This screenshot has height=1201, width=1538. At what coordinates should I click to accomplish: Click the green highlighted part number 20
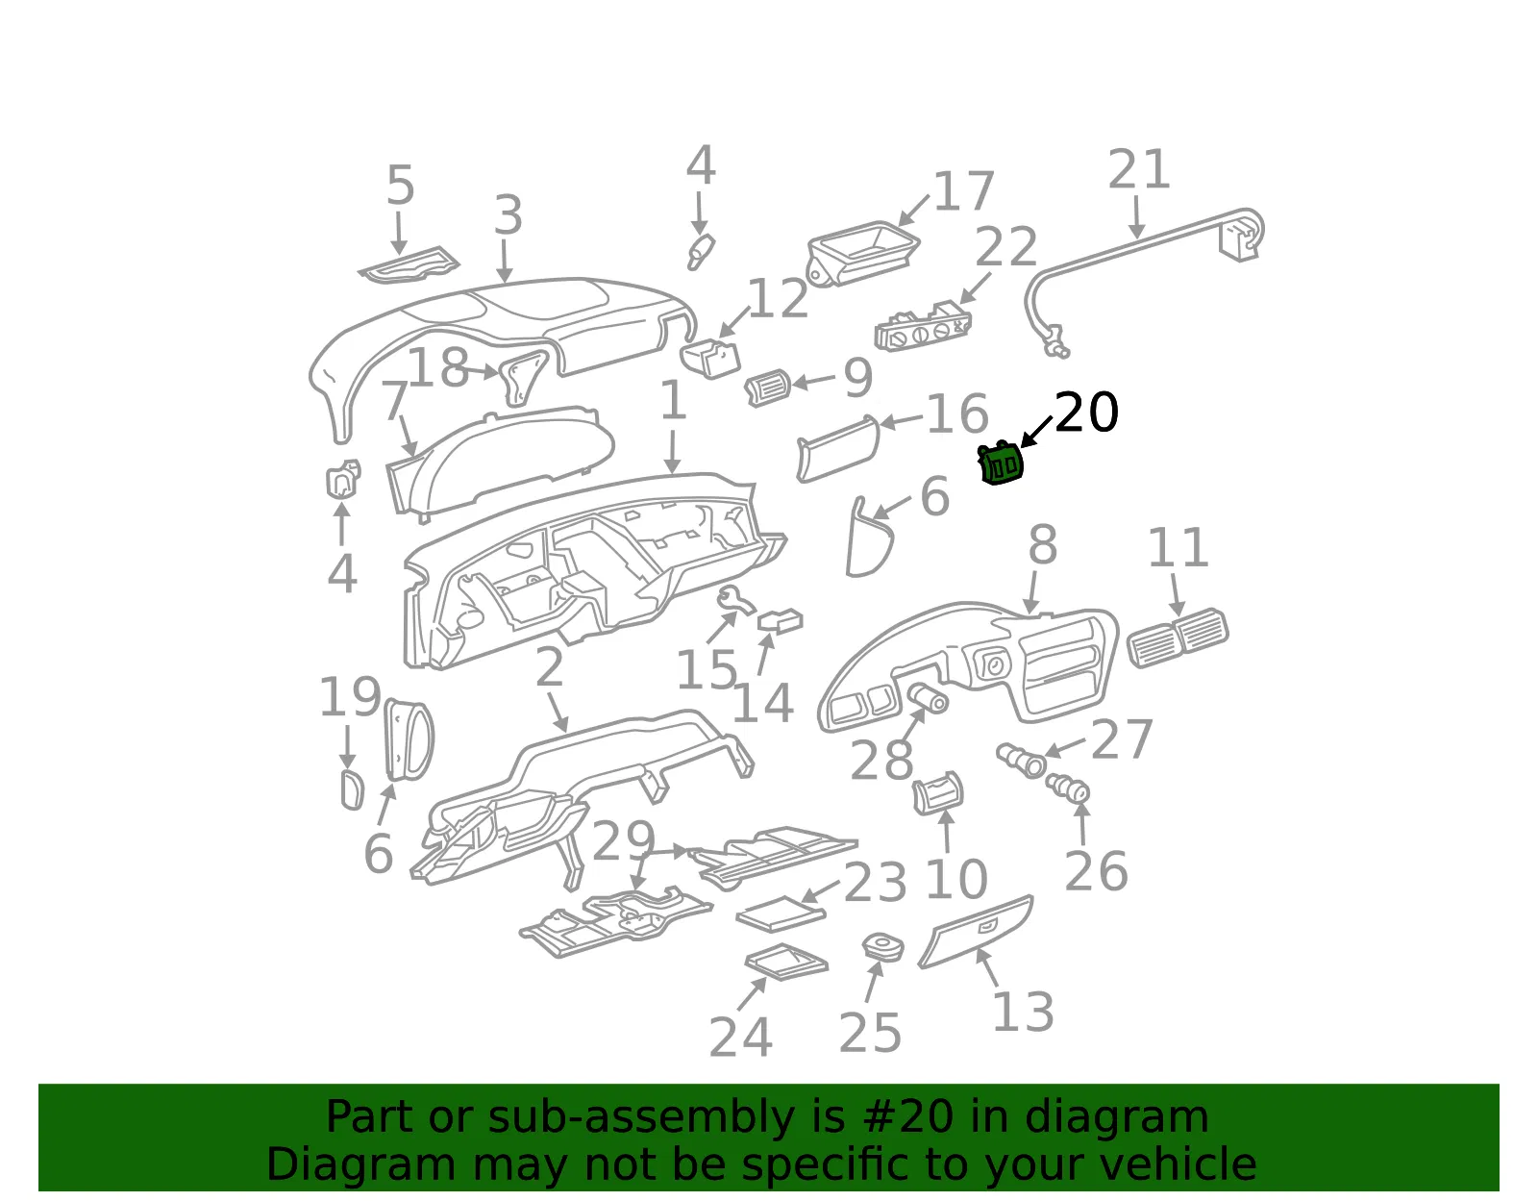tap(1000, 463)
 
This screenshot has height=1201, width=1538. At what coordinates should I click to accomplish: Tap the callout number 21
tap(1139, 169)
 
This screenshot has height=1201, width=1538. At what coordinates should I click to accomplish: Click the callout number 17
tap(964, 191)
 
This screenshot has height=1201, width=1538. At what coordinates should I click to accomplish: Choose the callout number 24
tap(740, 1038)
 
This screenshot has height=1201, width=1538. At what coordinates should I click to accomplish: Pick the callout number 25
tap(871, 1034)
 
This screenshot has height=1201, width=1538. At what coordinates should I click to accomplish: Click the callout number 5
tap(401, 185)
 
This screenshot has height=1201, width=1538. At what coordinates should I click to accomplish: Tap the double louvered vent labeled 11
tap(1178, 637)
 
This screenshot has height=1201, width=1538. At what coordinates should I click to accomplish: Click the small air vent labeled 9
tap(767, 388)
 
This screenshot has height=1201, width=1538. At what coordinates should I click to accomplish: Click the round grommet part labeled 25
tap(883, 946)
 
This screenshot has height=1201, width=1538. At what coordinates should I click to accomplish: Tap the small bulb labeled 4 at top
tap(701, 252)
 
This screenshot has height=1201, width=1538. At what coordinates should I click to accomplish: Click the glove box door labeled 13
tap(976, 932)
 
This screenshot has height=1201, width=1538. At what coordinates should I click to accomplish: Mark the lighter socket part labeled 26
tap(1067, 788)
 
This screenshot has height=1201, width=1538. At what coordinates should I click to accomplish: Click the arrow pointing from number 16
tap(901, 421)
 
